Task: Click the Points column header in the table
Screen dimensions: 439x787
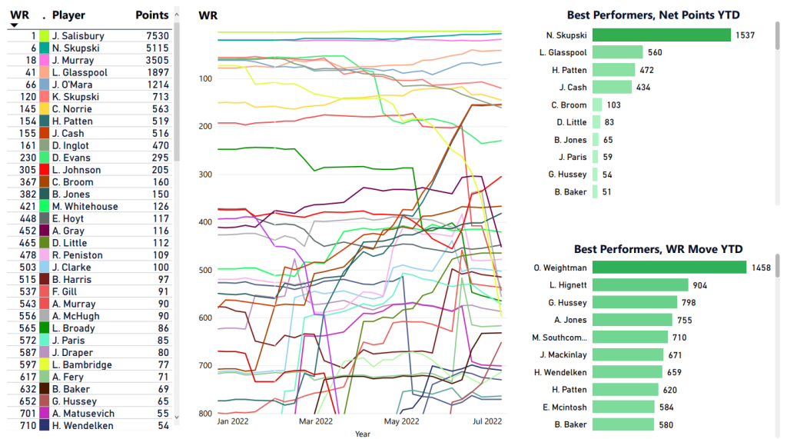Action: point(151,15)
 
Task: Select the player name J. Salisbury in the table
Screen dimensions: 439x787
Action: point(78,36)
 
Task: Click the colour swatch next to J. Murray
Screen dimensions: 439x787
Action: point(45,61)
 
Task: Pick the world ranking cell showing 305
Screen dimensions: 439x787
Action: point(28,170)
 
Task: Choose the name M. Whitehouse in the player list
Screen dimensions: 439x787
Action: point(85,207)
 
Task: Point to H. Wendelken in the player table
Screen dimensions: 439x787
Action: point(83,426)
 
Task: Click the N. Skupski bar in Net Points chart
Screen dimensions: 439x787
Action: point(661,35)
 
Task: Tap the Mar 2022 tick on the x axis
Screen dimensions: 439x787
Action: point(316,421)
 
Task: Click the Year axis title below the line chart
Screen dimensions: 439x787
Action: point(362,434)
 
